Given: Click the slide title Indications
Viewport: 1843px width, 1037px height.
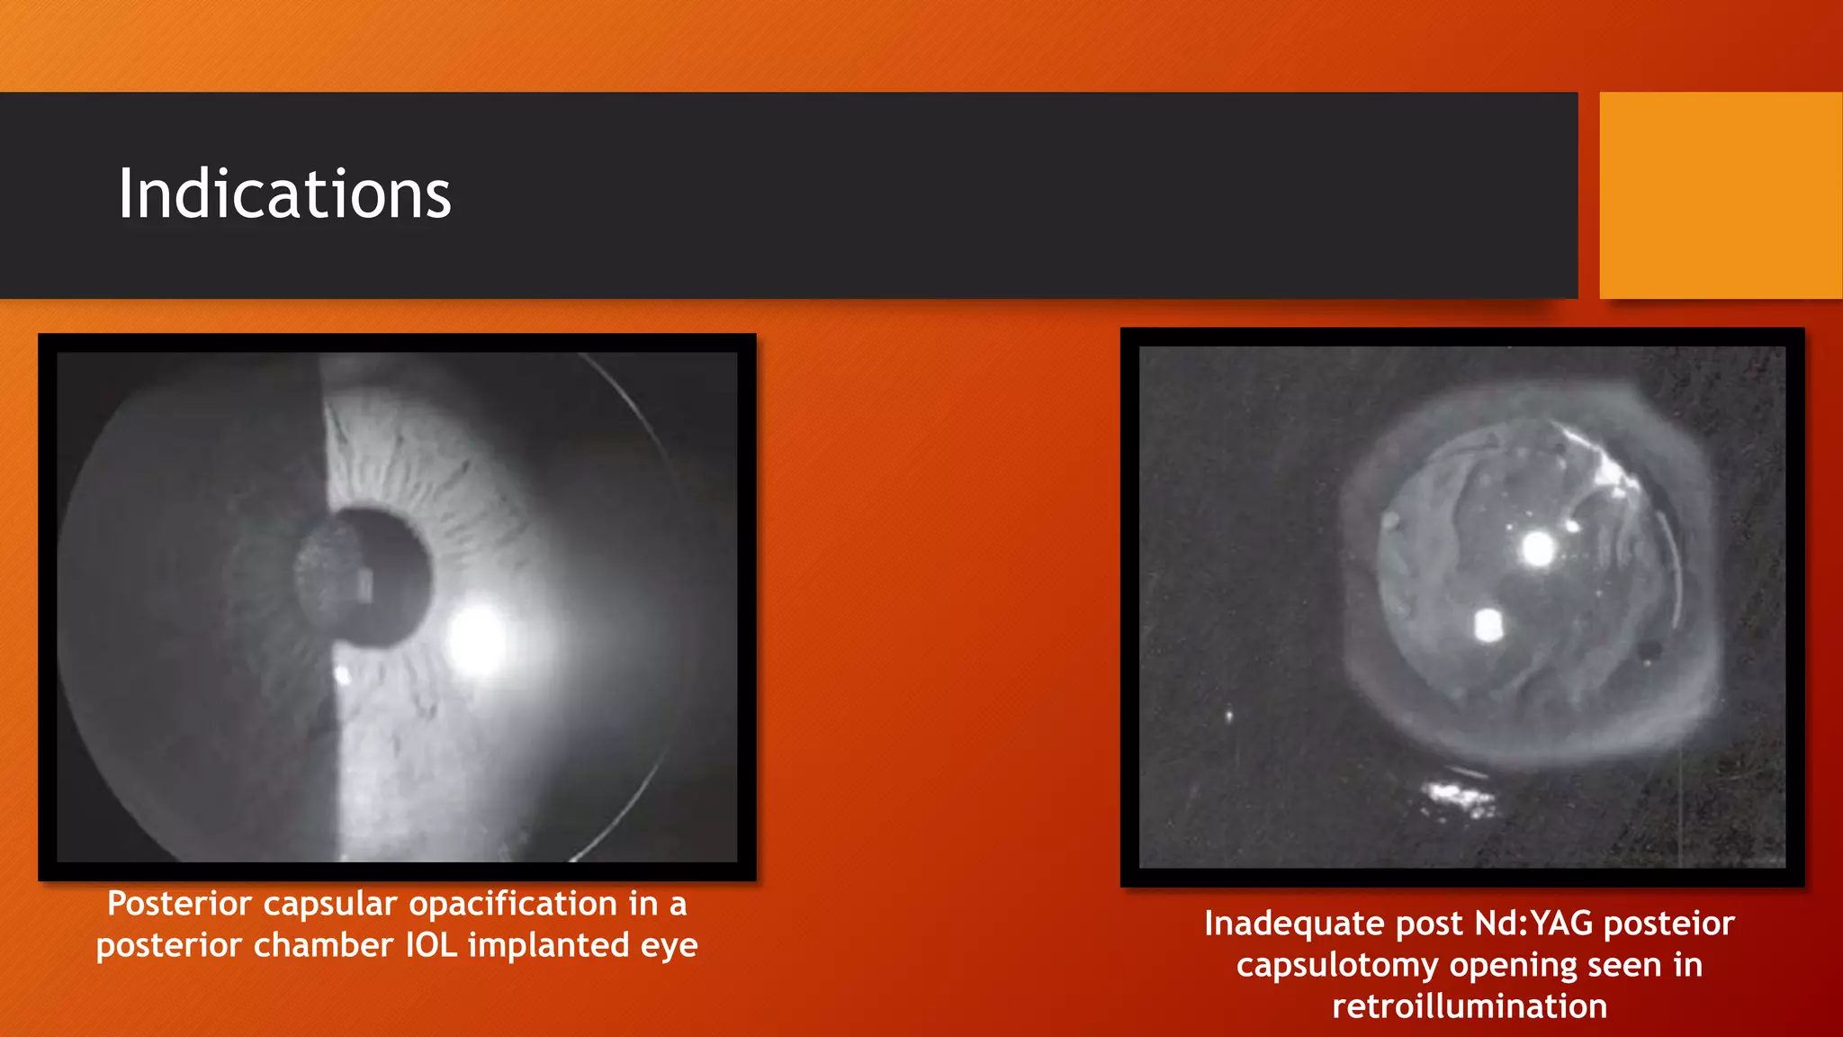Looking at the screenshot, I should point(284,194).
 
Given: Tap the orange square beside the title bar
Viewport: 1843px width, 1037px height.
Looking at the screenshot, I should point(1720,195).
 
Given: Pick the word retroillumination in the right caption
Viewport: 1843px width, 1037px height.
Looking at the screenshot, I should point(1470,1006).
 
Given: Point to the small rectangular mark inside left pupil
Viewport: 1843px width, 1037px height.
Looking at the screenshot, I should point(365,584).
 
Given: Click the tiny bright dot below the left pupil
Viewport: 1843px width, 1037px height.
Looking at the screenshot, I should point(342,674).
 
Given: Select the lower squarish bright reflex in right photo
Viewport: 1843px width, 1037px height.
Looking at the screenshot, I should point(1488,625).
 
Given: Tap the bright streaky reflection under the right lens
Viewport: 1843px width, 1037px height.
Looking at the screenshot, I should point(1460,797).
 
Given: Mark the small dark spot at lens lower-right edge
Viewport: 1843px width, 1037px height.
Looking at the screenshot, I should point(1650,650).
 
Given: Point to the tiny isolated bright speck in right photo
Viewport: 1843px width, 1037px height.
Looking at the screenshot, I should point(1229,716).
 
